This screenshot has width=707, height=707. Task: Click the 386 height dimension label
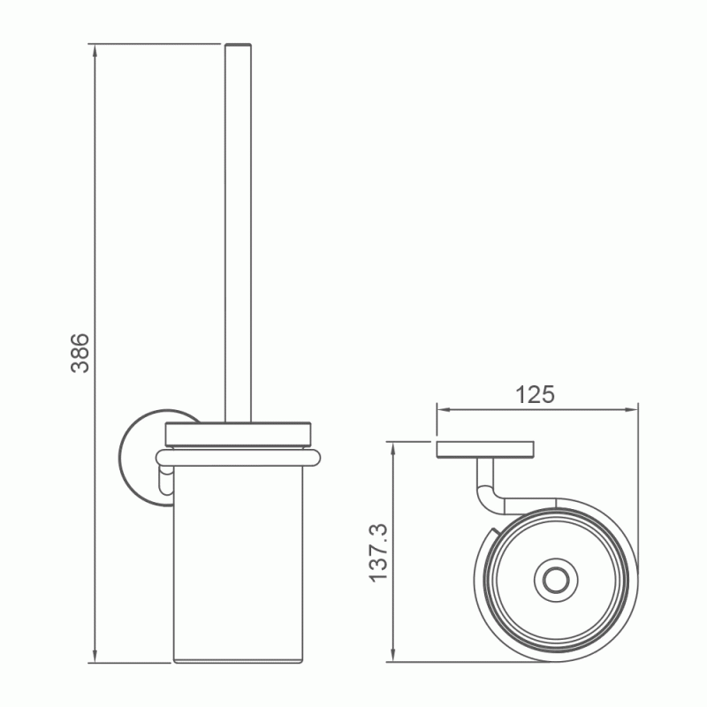click(x=80, y=353)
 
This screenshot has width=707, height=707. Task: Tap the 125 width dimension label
click(x=535, y=394)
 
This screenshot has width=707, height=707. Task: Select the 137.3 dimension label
click(x=378, y=553)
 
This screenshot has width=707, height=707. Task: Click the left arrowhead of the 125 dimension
click(x=445, y=409)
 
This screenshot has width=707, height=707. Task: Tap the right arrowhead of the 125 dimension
click(x=630, y=409)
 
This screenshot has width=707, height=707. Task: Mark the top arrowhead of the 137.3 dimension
click(x=393, y=450)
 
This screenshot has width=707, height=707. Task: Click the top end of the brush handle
click(x=238, y=45)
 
